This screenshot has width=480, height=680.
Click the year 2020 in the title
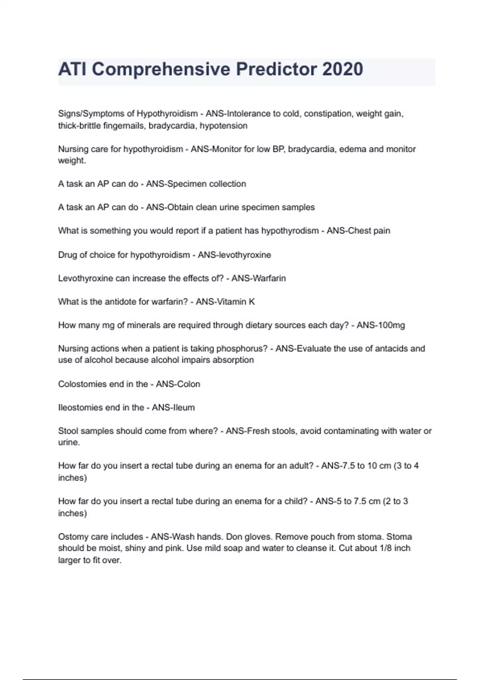(x=342, y=69)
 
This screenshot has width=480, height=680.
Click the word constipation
(x=328, y=114)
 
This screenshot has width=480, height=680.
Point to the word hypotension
(x=224, y=126)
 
